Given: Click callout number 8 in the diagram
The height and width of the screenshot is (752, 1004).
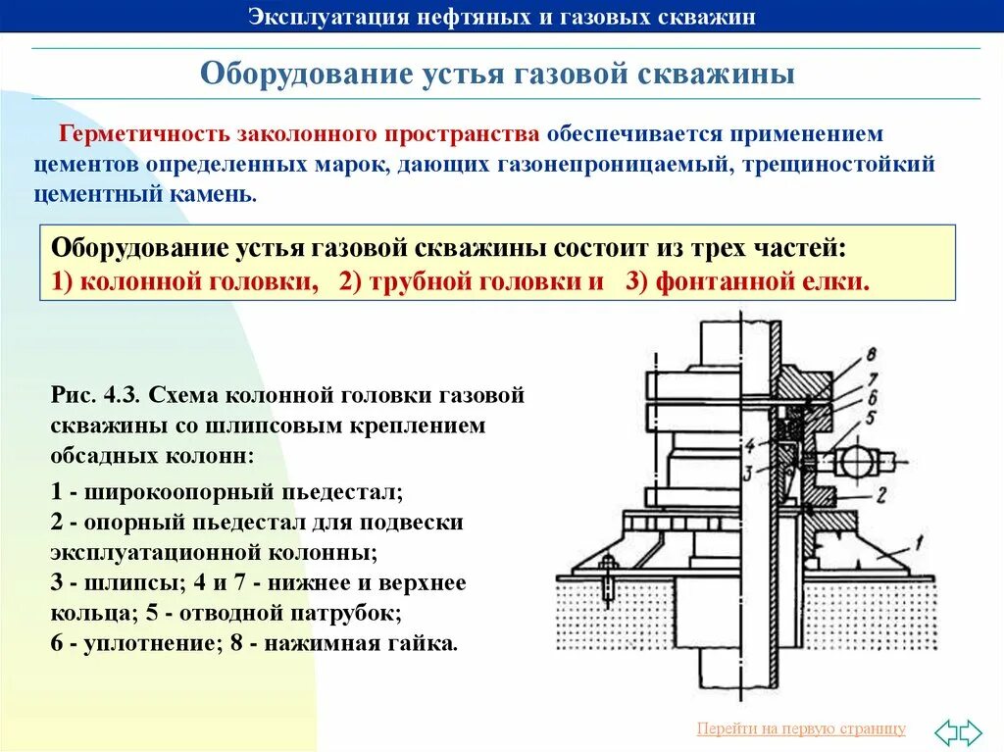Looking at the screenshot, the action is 872,355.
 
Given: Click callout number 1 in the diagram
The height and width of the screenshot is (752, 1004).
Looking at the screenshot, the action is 919,539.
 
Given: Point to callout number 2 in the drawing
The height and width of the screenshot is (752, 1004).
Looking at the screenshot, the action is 880,493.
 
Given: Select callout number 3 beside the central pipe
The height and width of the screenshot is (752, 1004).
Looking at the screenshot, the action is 746,474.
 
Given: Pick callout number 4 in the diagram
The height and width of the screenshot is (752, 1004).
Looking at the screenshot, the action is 748,446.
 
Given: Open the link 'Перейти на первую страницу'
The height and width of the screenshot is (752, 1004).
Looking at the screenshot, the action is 801,728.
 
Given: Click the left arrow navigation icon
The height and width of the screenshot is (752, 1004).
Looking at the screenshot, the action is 945,731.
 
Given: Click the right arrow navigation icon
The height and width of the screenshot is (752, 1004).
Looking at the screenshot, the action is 970,731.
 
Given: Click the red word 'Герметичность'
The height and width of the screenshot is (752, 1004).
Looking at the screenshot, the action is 134,133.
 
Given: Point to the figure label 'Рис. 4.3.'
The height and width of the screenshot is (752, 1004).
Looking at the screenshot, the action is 96,395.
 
